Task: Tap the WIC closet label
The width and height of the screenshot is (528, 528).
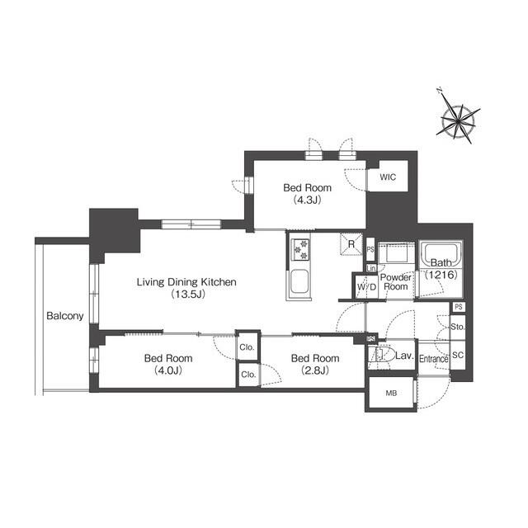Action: (x=388, y=177)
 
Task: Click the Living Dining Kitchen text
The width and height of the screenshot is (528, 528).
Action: (x=187, y=288)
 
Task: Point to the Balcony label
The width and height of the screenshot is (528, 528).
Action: (x=64, y=316)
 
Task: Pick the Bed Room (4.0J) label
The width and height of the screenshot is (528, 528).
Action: (x=168, y=364)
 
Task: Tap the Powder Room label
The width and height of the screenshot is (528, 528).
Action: (x=396, y=282)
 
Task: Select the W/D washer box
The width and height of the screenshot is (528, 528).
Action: (x=366, y=286)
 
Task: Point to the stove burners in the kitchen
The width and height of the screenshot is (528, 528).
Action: (x=299, y=247)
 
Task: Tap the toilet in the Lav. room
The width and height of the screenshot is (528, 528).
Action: (x=380, y=356)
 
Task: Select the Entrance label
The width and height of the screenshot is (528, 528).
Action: (x=433, y=359)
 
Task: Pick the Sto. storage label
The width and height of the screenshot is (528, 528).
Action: (x=459, y=327)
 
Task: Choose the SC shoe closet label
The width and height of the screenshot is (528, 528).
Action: (x=459, y=356)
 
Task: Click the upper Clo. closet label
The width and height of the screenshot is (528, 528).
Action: (x=247, y=346)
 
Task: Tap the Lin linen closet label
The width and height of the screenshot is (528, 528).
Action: (x=371, y=269)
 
